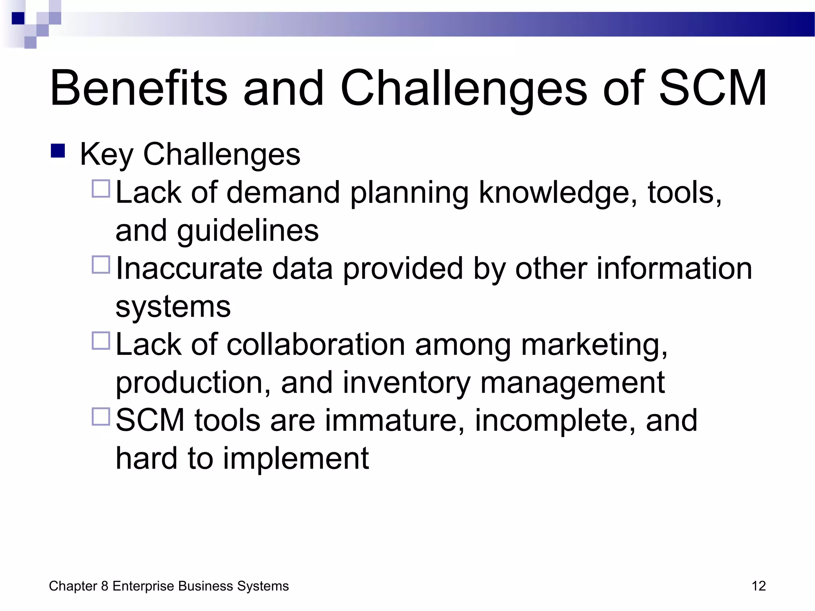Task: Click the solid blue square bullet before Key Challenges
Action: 58,151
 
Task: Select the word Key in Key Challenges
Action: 106,154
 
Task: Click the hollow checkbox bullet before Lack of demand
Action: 101,189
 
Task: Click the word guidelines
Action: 248,231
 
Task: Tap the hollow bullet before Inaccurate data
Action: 101,265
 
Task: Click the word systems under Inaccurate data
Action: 173,307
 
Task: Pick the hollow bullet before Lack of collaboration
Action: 101,341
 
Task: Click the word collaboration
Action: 316,344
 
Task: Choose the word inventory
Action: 406,383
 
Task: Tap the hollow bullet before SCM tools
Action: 101,417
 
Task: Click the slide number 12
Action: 758,586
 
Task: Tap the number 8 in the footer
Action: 105,586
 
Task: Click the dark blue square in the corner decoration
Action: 18,18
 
